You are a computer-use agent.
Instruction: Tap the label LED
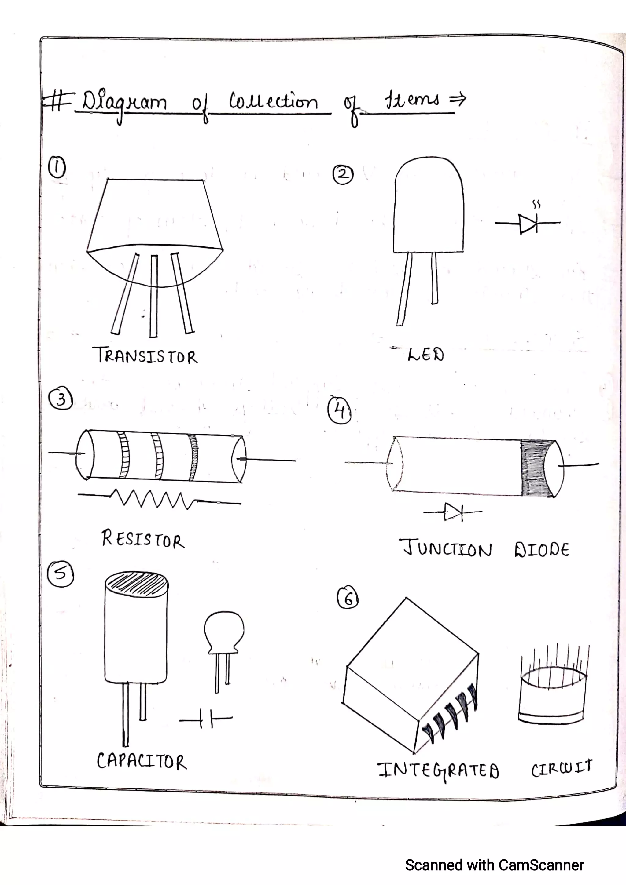click(425, 354)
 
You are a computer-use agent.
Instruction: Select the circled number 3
click(61, 399)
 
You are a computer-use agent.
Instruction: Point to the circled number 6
click(348, 598)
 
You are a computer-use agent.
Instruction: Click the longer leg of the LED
click(404, 290)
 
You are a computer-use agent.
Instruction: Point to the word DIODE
click(542, 549)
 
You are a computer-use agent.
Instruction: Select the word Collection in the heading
click(274, 102)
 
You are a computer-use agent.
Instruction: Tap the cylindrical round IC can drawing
click(552, 694)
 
